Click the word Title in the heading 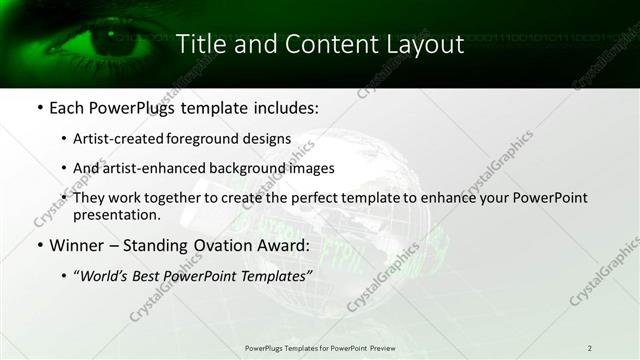click(199, 44)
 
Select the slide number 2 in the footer click(589, 348)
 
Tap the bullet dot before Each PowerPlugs click(38, 107)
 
